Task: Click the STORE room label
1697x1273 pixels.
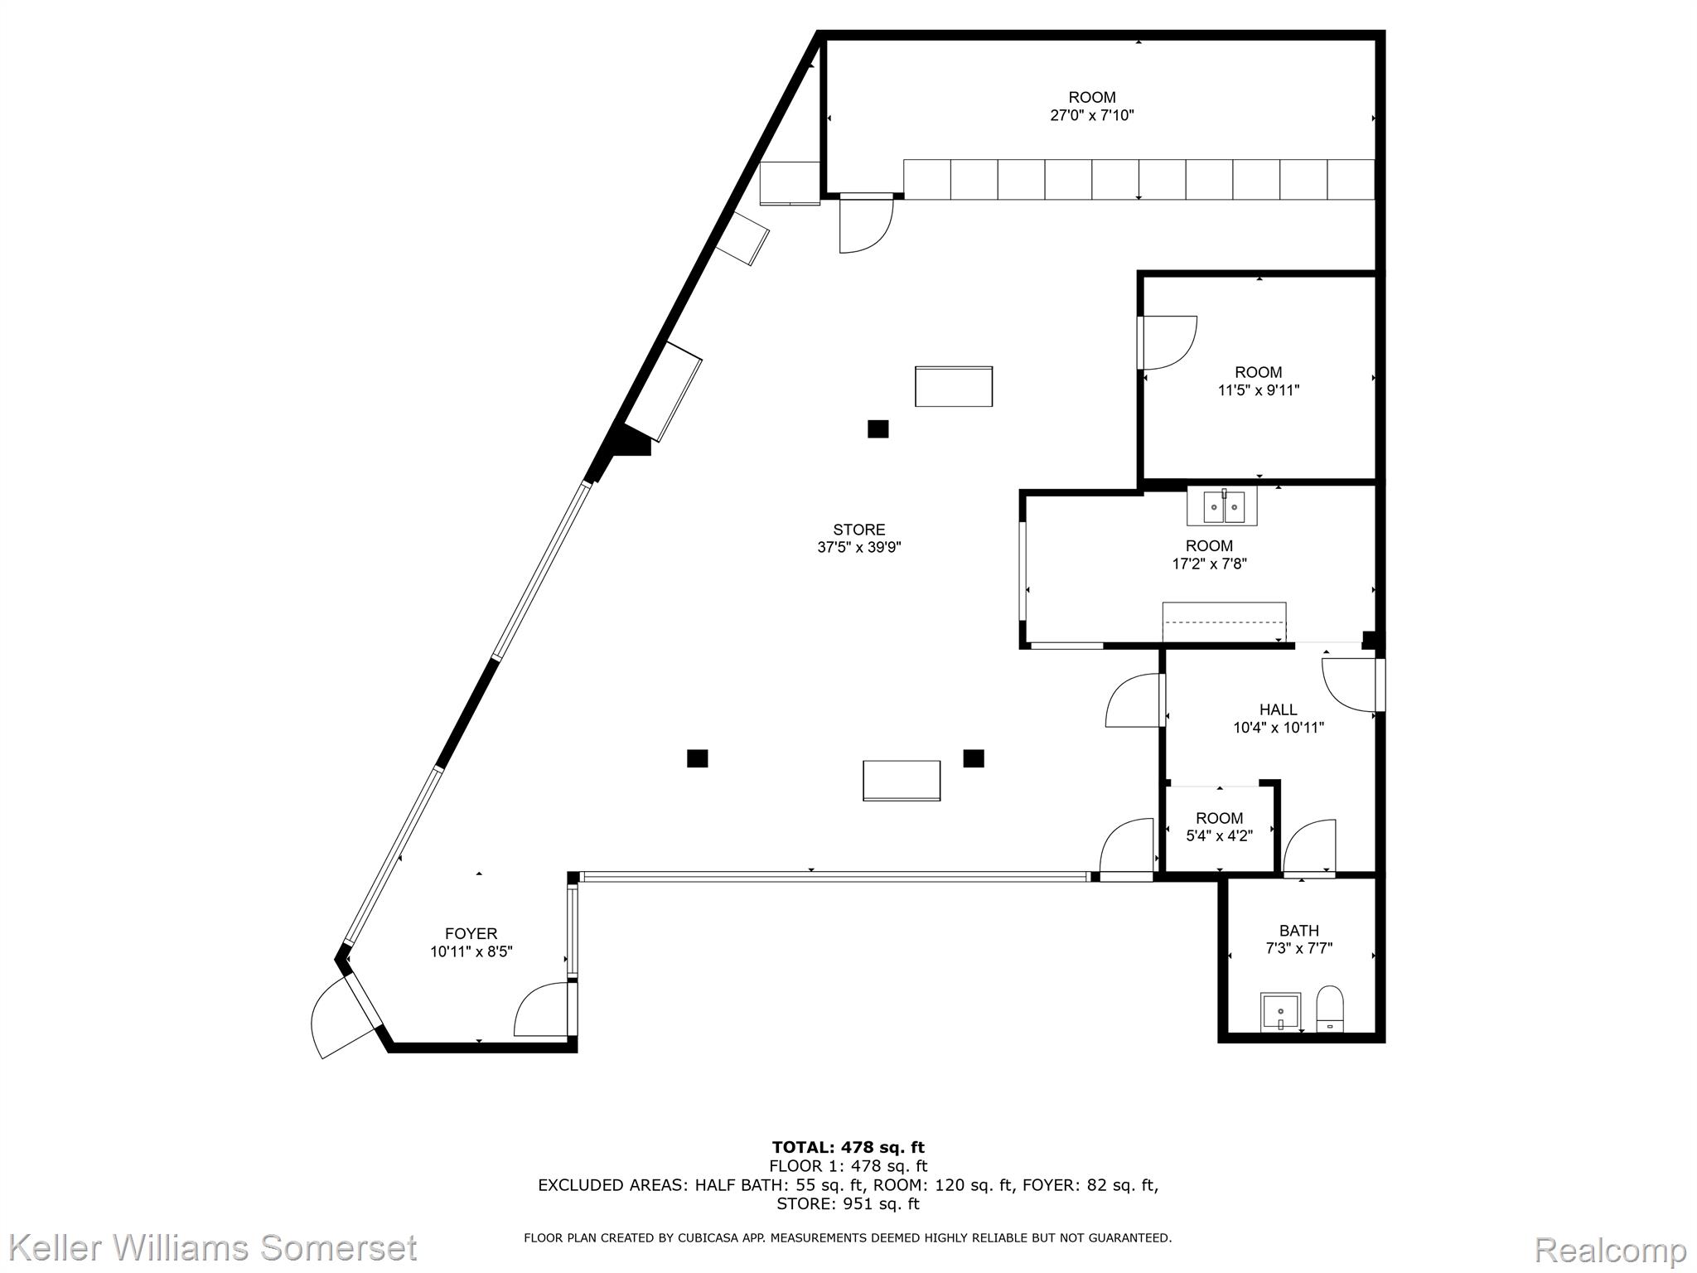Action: click(x=858, y=530)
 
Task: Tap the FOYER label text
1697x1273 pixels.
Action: click(x=471, y=934)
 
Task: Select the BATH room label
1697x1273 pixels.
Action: click(x=1298, y=931)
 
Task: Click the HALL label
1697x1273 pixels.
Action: click(x=1278, y=709)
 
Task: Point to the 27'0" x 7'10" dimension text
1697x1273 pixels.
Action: click(x=1092, y=115)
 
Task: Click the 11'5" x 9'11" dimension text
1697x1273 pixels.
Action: click(x=1258, y=390)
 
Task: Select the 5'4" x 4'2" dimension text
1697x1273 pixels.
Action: click(x=1219, y=836)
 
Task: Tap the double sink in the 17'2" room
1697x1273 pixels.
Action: click(x=1222, y=506)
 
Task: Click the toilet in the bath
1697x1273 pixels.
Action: click(x=1329, y=1009)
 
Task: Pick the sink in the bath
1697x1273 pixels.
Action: click(x=1281, y=1012)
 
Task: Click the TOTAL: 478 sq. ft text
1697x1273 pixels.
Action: click(x=848, y=1147)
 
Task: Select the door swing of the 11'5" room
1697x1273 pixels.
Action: click(x=1168, y=342)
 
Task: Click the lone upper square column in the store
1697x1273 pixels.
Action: click(x=878, y=428)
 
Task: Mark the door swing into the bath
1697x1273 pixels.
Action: click(x=1309, y=847)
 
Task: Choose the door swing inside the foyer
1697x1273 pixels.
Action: click(x=540, y=1009)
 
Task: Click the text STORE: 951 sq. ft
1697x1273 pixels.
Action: click(x=848, y=1203)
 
